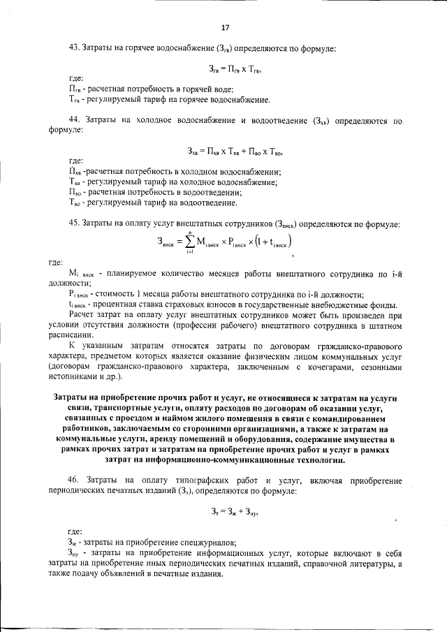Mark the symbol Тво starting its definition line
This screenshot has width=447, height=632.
coord(75,203)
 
